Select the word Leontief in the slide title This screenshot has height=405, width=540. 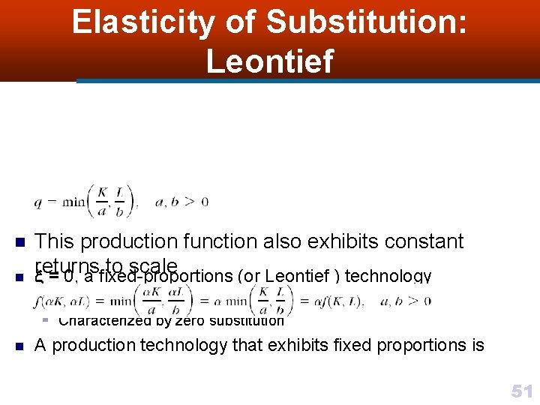point(269,61)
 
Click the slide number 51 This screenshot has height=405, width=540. point(522,391)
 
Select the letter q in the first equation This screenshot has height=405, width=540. point(38,202)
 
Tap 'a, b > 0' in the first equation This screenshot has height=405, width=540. point(181,201)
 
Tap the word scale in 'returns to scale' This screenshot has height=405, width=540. point(153,266)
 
